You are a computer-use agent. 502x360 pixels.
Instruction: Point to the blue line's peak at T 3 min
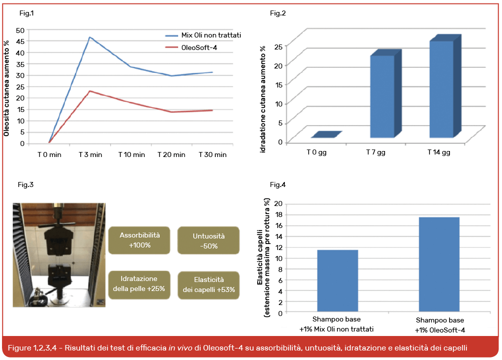pyautogui.click(x=90, y=37)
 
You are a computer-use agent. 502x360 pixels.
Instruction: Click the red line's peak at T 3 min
pyautogui.click(x=90, y=91)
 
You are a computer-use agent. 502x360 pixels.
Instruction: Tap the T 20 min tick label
pyautogui.click(x=171, y=154)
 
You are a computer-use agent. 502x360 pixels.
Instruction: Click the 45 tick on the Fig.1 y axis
pyautogui.click(x=20, y=41)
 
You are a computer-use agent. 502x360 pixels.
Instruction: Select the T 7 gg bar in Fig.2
pyautogui.click(x=382, y=96)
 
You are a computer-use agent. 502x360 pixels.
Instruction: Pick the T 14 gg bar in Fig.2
pyautogui.click(x=441, y=89)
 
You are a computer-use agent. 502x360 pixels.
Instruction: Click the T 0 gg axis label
pyautogui.click(x=316, y=152)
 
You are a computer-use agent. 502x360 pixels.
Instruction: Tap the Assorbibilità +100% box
pyautogui.click(x=135, y=240)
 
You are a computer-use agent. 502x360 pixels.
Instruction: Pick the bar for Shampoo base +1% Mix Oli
pyautogui.click(x=337, y=280)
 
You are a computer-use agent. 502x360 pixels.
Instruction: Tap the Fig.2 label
pyautogui.click(x=278, y=13)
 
